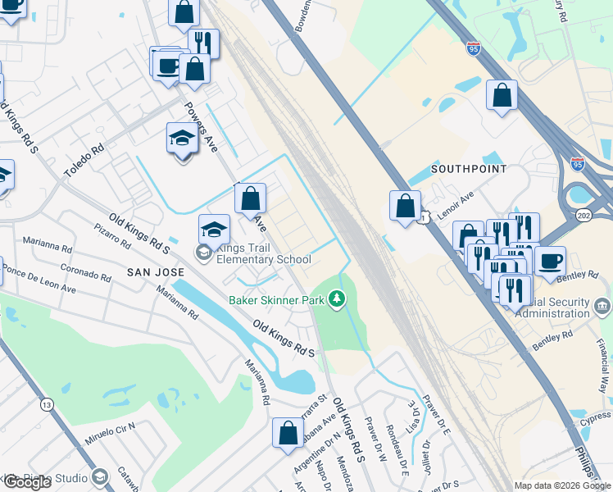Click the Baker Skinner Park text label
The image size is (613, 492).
coord(278,300)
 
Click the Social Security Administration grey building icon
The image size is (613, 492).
coord(603,307)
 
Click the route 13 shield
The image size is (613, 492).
coord(46,404)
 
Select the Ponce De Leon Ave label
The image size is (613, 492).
coord(39,279)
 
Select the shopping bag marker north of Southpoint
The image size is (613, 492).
coord(501,95)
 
